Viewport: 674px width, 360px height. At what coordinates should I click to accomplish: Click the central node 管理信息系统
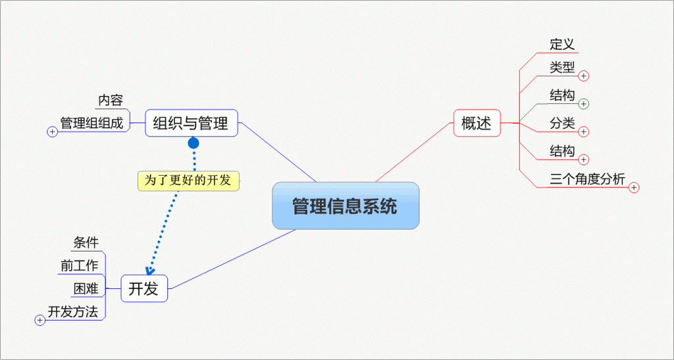346,206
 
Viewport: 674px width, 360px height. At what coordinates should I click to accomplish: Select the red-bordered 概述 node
477,123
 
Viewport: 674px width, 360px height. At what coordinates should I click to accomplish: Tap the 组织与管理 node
191,123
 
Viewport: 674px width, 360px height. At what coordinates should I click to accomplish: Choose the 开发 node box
144,288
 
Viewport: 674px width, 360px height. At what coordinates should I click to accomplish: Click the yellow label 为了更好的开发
188,180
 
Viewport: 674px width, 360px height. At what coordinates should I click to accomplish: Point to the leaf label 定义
562,44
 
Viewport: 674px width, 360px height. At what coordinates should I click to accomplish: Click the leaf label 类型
562,67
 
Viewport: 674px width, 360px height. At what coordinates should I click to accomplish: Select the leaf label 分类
562,123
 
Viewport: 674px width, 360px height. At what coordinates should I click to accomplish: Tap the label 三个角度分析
587,179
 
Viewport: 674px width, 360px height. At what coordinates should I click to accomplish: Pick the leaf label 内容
111,100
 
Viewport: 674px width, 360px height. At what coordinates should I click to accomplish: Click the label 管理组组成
91,123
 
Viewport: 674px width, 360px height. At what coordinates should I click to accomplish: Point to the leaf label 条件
86,243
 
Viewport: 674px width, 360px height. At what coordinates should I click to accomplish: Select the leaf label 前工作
78,265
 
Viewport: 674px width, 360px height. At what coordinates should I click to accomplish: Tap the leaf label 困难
86,288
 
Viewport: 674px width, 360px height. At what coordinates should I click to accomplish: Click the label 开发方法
72,311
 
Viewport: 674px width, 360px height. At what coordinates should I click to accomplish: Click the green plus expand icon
584,104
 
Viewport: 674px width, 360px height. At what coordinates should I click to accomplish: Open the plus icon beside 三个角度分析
634,188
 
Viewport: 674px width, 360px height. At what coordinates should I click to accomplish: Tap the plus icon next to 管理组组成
53,132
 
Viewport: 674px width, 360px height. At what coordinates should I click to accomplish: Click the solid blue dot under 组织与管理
194,143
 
